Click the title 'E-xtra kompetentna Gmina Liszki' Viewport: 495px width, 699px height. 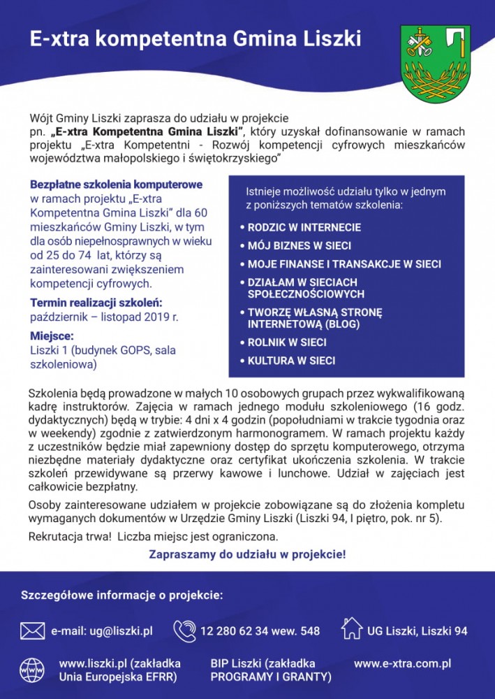(195, 39)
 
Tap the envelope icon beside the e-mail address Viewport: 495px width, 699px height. (32, 631)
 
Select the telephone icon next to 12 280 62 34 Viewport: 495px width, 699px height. (184, 630)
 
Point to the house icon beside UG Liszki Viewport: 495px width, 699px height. (352, 628)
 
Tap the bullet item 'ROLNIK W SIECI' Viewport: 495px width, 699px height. (287, 343)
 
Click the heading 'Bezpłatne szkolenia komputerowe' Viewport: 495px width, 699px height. (116, 185)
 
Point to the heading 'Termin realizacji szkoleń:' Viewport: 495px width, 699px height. (96, 303)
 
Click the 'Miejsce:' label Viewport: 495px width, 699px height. (52, 336)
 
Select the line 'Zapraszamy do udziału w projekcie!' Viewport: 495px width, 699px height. (247, 554)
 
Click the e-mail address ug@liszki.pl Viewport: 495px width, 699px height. (102, 631)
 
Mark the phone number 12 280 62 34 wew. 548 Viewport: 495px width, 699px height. (260, 631)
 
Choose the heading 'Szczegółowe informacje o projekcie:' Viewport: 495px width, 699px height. (122, 596)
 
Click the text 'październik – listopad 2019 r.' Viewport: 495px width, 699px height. (104, 317)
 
